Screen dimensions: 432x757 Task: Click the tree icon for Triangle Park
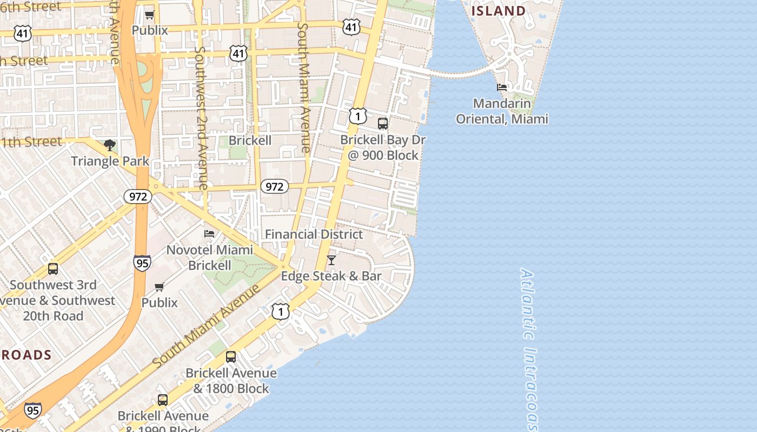(110, 145)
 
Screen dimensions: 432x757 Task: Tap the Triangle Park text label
(110, 161)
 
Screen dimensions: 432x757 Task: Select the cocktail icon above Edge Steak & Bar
(331, 260)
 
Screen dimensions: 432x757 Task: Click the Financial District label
(314, 234)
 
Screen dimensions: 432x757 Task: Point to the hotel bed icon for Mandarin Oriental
(502, 87)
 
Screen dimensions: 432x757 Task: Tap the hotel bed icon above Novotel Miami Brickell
(209, 234)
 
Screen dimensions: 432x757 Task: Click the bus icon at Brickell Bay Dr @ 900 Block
(383, 124)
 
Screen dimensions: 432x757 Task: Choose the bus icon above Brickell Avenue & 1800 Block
(231, 357)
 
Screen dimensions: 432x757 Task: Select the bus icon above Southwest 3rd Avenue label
(53, 269)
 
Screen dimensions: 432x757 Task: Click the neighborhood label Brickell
(250, 140)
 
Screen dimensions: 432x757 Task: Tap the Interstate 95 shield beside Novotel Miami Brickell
(142, 263)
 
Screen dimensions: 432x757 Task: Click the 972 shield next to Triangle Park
(138, 197)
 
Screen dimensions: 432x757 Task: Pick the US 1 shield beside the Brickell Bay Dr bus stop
(357, 116)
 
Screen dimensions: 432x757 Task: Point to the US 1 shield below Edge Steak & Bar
(281, 312)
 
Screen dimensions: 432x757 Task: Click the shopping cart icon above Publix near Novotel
(160, 287)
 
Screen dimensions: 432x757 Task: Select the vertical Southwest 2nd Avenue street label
(201, 118)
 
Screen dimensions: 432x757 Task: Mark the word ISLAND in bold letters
(499, 11)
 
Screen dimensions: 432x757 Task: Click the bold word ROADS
(26, 355)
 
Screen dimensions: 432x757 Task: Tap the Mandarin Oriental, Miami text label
(502, 111)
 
